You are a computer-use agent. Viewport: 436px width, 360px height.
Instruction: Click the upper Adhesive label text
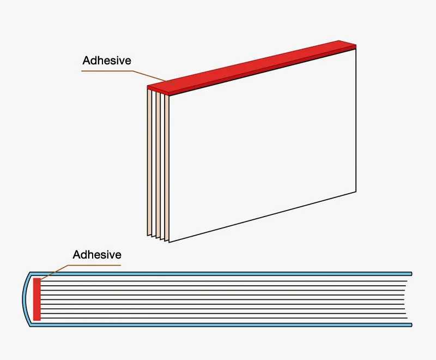[x=107, y=61]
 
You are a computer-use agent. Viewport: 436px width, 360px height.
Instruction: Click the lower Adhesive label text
[x=97, y=255]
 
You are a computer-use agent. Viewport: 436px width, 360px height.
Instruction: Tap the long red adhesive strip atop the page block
[x=252, y=67]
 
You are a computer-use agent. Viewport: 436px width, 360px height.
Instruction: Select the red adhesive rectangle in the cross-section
[x=37, y=299]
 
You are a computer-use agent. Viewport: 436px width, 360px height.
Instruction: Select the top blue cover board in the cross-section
[x=221, y=274]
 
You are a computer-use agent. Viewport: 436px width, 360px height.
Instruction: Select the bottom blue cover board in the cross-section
[x=221, y=325]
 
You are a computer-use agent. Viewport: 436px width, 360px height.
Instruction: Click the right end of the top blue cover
[x=411, y=274]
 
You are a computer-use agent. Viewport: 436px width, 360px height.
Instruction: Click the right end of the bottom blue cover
[x=411, y=325]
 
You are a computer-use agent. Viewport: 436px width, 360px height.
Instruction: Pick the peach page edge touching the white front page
[x=167, y=168]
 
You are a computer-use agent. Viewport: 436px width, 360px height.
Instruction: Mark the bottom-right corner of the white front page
[x=356, y=191]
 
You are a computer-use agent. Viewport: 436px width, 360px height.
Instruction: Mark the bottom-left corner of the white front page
[x=169, y=242]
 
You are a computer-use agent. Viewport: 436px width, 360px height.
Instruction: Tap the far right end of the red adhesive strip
[x=356, y=46]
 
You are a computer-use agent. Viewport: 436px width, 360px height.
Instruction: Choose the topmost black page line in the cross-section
[x=223, y=281]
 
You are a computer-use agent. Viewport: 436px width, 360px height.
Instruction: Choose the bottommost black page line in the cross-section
[x=223, y=318]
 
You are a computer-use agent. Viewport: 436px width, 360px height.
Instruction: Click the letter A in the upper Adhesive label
[x=87, y=61]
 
